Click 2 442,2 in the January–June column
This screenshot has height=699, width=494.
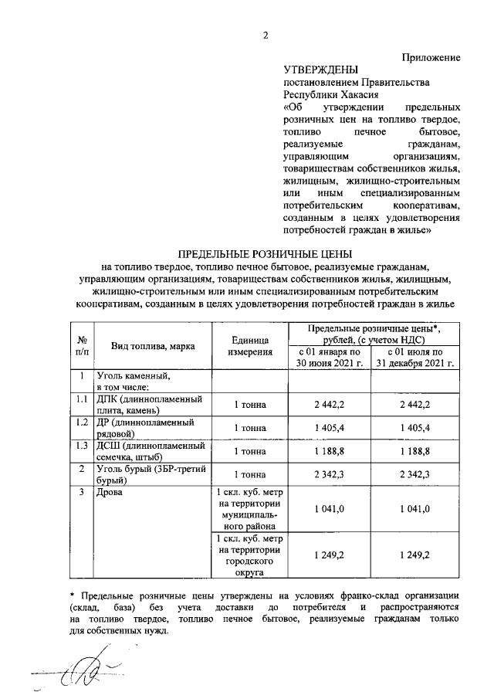pyautogui.click(x=329, y=405)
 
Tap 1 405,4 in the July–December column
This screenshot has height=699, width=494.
pyautogui.click(x=413, y=427)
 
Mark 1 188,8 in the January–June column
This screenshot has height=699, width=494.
pyautogui.click(x=329, y=450)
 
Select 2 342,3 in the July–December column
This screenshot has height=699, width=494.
pyautogui.click(x=413, y=473)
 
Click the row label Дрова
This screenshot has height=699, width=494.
pyautogui.click(x=110, y=492)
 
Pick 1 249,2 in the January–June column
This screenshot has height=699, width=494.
pyautogui.click(x=329, y=555)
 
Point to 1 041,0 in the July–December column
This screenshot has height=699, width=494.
pyautogui.click(x=413, y=508)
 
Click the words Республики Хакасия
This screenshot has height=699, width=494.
pyautogui.click(x=325, y=94)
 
